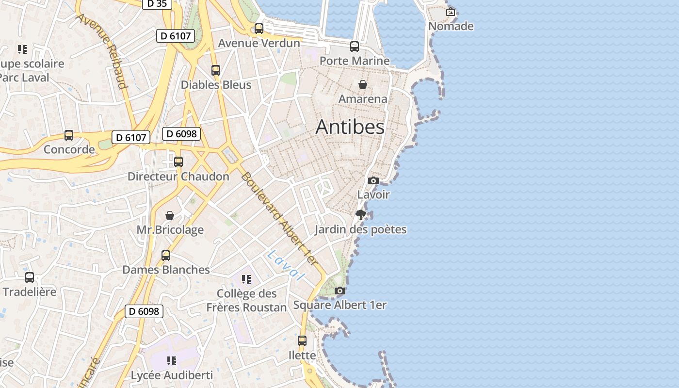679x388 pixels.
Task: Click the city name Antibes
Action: (x=350, y=127)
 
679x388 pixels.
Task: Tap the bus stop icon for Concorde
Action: (x=69, y=135)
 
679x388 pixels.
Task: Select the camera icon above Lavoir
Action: (x=373, y=180)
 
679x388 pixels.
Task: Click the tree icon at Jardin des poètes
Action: (x=360, y=215)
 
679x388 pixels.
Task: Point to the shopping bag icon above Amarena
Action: (x=362, y=84)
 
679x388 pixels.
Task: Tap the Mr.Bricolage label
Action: (x=170, y=229)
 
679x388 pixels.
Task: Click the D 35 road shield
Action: (x=157, y=4)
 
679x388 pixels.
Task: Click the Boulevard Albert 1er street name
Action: (x=280, y=218)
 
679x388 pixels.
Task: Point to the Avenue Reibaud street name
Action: (x=102, y=51)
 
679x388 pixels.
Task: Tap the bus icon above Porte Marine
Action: (x=355, y=47)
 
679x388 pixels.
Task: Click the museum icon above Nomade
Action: (x=451, y=12)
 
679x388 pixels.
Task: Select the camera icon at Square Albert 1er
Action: (x=340, y=291)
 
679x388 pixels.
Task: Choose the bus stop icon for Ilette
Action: (x=302, y=341)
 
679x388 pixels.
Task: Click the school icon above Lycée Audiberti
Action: (x=171, y=361)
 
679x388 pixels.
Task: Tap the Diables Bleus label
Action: (x=216, y=85)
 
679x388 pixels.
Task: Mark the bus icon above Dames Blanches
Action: (x=166, y=256)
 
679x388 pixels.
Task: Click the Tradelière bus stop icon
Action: (x=30, y=277)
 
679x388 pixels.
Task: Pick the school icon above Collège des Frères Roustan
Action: (x=246, y=279)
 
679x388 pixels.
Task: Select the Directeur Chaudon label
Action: (x=178, y=177)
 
